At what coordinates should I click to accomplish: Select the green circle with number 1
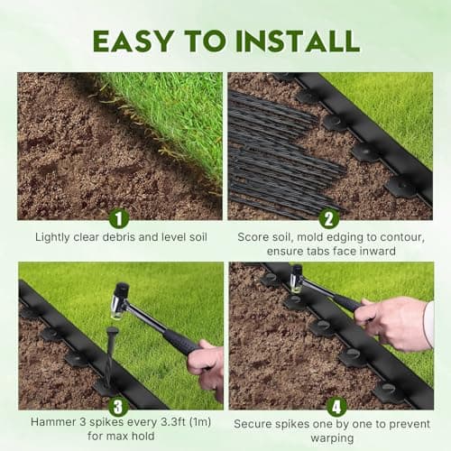click(118, 217)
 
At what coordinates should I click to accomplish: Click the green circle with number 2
click(329, 217)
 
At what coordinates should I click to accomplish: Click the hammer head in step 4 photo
click(296, 278)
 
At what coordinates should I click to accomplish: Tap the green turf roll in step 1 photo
click(167, 117)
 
